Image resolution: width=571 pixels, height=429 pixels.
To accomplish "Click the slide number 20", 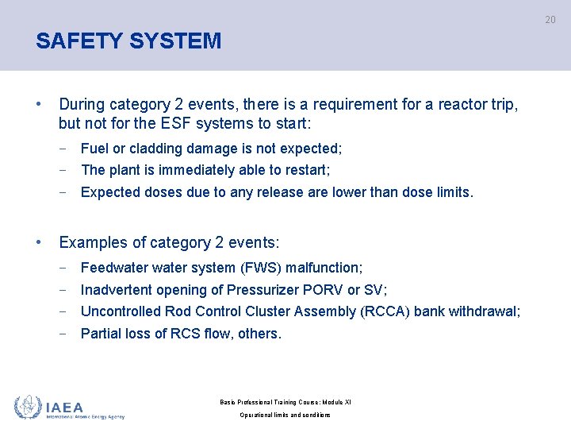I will pyautogui.click(x=550, y=20).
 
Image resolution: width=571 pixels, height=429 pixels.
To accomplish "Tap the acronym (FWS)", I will pyautogui.click(x=255, y=268).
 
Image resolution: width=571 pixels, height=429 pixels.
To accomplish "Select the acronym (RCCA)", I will pyautogui.click(x=386, y=311).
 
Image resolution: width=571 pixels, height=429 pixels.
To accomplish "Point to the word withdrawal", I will pyautogui.click(x=485, y=311).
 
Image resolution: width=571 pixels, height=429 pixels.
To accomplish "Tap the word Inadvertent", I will pyautogui.click(x=117, y=290).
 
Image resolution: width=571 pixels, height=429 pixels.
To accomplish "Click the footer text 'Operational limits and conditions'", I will pyautogui.click(x=285, y=415).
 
